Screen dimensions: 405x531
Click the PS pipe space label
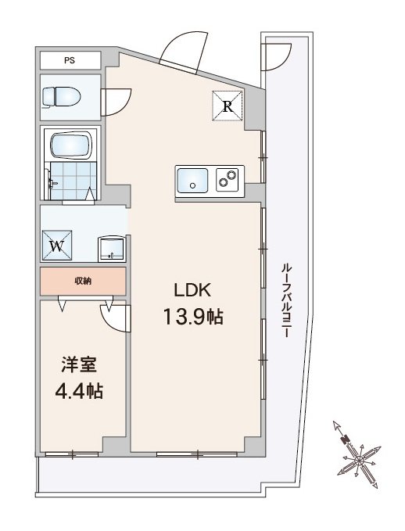[70, 61]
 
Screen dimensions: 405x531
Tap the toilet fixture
[61, 97]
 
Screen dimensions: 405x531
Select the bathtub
[71, 145]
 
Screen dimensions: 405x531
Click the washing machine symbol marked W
[57, 246]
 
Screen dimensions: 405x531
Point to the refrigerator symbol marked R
[228, 106]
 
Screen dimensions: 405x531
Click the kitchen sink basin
[192, 181]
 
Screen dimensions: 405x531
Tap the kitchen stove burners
[228, 179]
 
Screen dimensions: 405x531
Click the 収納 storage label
[83, 281]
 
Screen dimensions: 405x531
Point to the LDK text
[192, 290]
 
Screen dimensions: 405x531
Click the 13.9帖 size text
[193, 317]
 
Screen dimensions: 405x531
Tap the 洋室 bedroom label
[79, 364]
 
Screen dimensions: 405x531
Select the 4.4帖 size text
[79, 391]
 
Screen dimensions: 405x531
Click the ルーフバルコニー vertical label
[286, 300]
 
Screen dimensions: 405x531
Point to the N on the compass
[346, 440]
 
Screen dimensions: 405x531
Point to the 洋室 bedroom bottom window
[72, 454]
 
